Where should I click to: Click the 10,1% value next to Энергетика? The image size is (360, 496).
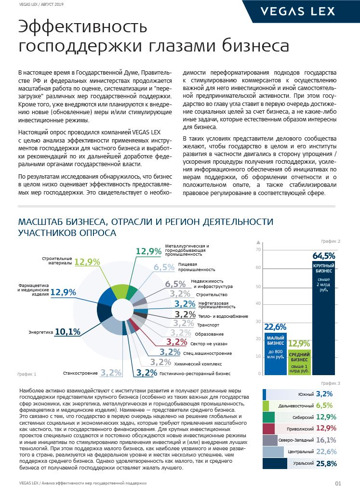(67, 332)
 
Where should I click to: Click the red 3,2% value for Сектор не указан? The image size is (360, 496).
(176, 343)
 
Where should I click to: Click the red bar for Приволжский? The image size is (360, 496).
(269, 429)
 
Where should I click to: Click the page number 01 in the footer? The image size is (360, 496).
(338, 483)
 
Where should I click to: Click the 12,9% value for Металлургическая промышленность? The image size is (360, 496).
(148, 251)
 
